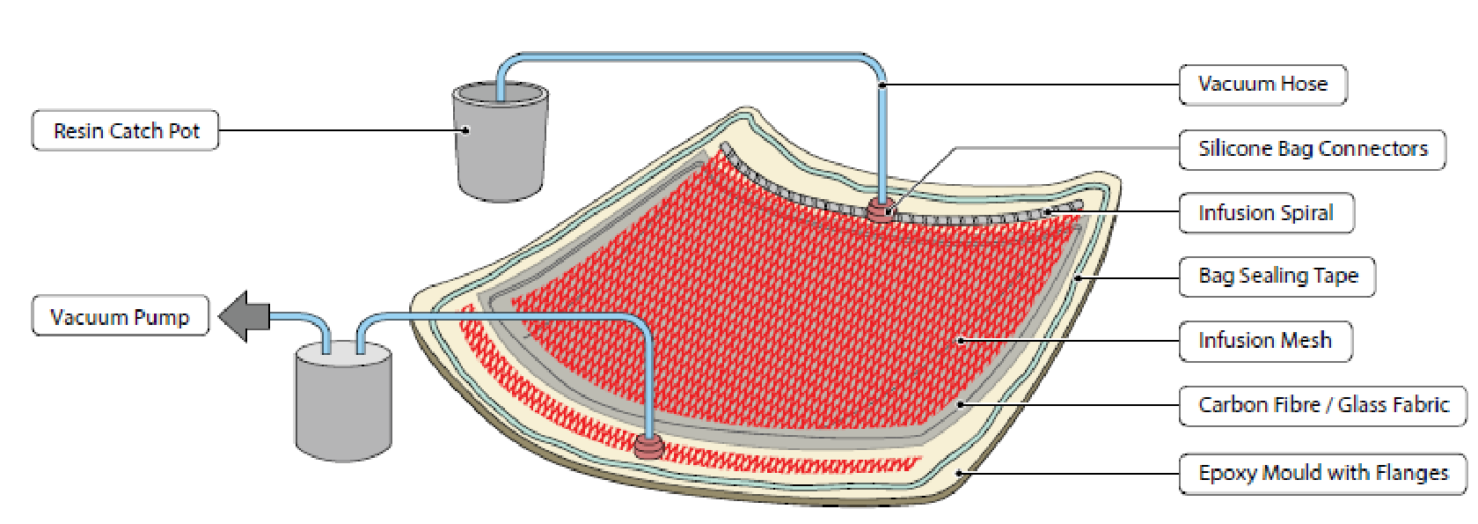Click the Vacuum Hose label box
tap(1262, 85)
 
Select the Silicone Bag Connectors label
tap(1312, 149)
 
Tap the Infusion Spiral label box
tap(1265, 213)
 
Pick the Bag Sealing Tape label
tap(1277, 277)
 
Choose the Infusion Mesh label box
tap(1264, 341)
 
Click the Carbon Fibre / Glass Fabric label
tap(1323, 405)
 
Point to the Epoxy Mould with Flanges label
tap(1323, 473)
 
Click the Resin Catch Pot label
tap(126, 130)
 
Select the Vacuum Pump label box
tap(120, 316)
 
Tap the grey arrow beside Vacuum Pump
tap(244, 316)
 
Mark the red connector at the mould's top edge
tap(881, 210)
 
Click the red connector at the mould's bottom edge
tap(649, 446)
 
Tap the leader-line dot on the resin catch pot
tap(466, 130)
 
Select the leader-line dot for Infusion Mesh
tap(961, 341)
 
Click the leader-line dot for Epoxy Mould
tap(960, 474)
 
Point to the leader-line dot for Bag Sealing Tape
tap(1079, 278)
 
